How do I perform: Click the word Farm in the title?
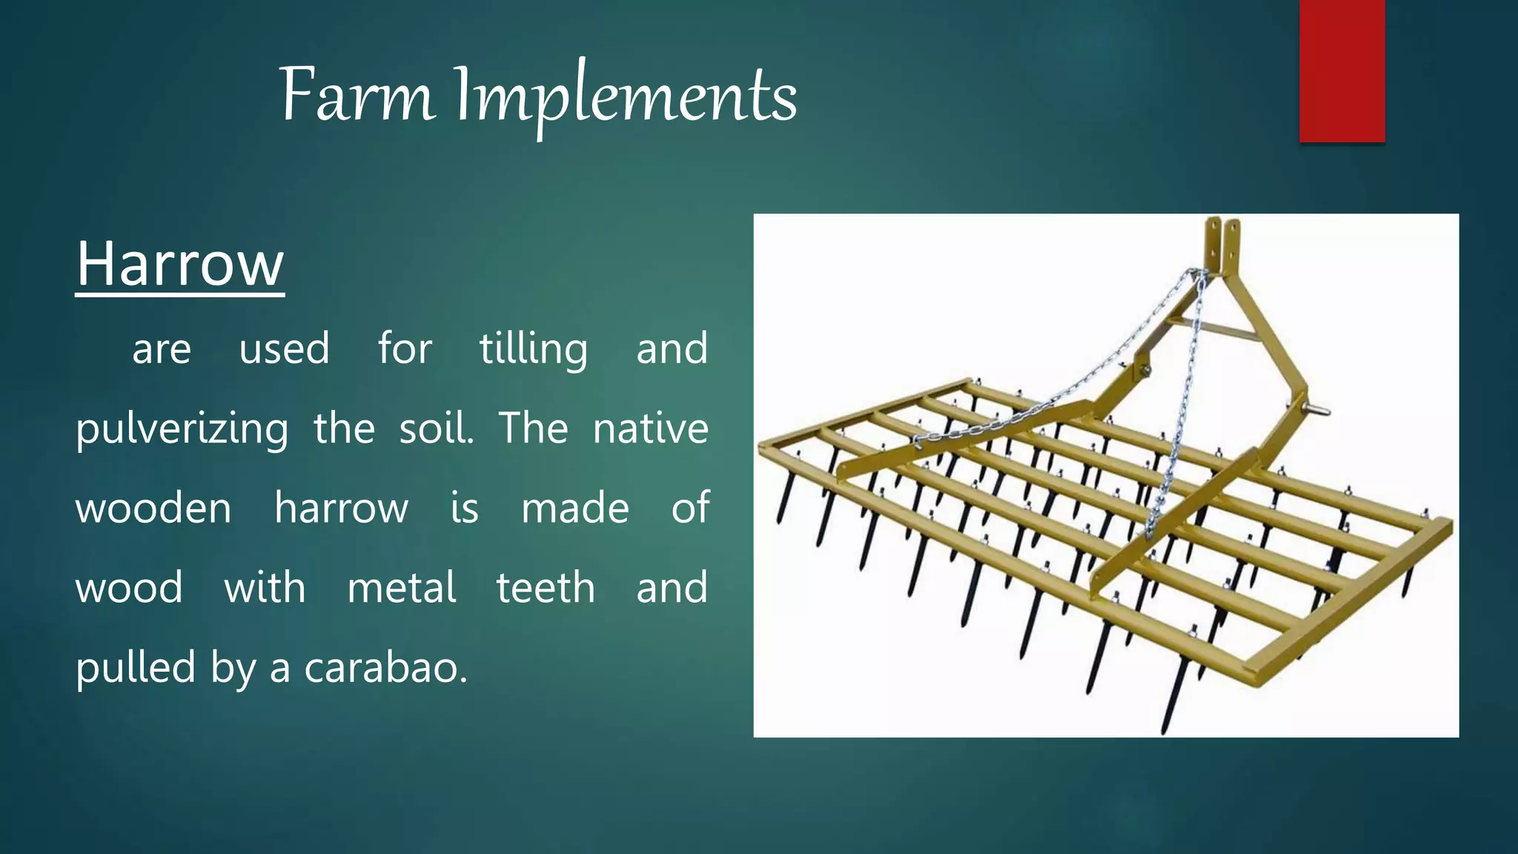click(356, 96)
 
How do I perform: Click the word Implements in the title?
click(626, 98)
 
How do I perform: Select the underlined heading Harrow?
click(180, 264)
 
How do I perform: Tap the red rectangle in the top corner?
click(1342, 70)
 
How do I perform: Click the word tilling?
click(534, 348)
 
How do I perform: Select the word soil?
click(436, 428)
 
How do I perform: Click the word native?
click(650, 428)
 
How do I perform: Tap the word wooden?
click(153, 509)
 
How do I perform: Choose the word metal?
click(402, 589)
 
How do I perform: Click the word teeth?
click(546, 589)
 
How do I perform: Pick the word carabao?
click(385, 668)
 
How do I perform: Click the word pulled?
click(136, 668)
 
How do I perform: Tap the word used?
click(284, 348)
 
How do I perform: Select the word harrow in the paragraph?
click(341, 509)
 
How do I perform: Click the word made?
click(575, 509)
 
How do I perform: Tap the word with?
click(265, 589)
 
